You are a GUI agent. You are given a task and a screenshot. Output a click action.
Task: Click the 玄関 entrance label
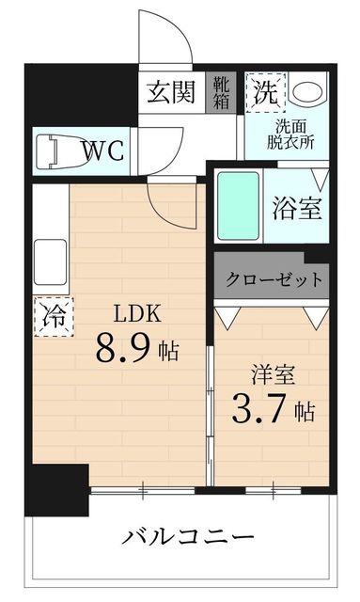click(171, 94)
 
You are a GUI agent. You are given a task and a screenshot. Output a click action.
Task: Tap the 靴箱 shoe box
click(220, 93)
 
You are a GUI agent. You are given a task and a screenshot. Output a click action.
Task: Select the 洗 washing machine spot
click(264, 92)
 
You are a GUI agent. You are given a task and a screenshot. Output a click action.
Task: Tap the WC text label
click(104, 151)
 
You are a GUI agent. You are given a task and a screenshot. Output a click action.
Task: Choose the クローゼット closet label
click(274, 279)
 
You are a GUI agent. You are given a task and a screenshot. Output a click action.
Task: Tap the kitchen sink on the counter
click(50, 262)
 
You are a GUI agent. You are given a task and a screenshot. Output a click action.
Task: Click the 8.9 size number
click(123, 350)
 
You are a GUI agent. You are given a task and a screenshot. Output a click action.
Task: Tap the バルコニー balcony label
click(187, 539)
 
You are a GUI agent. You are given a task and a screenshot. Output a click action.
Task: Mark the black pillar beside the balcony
click(55, 490)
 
